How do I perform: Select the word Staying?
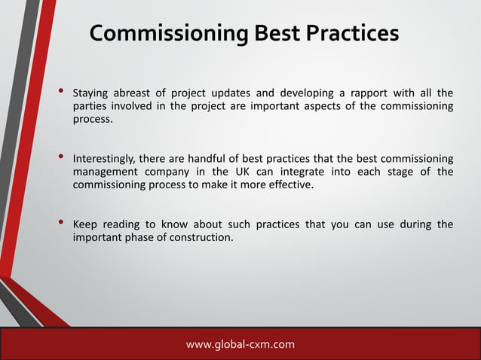pyautogui.click(x=90, y=93)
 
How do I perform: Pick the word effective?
pyautogui.click(x=288, y=185)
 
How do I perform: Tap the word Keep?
pyautogui.click(x=84, y=224)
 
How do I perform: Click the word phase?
pyautogui.click(x=137, y=237)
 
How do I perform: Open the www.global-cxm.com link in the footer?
pyautogui.click(x=240, y=345)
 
